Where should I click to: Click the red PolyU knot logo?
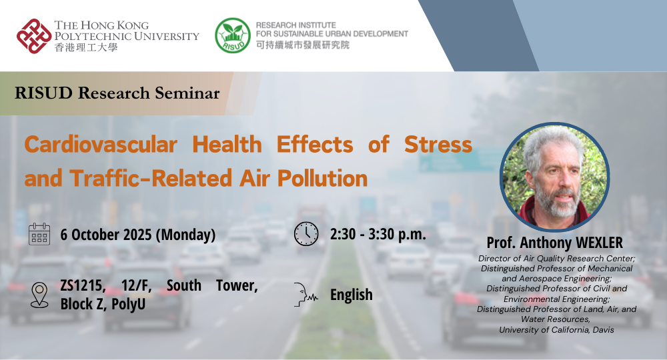click(x=33, y=36)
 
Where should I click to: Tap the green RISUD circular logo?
click(x=232, y=35)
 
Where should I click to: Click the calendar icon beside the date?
click(x=39, y=235)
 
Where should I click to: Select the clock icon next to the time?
click(x=306, y=234)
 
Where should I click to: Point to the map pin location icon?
click(x=39, y=294)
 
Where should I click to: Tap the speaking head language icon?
click(x=306, y=294)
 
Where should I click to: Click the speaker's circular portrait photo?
click(x=555, y=177)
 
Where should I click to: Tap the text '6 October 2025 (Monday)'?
click(x=137, y=235)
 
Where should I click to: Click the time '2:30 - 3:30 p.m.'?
click(x=378, y=235)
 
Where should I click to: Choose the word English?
click(x=352, y=295)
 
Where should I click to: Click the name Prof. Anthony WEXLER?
click(x=554, y=242)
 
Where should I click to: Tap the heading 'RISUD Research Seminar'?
click(x=117, y=93)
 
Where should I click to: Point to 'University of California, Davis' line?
click(x=555, y=330)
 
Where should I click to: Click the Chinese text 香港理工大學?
click(x=85, y=48)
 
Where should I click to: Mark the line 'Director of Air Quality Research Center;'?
click(x=555, y=258)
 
